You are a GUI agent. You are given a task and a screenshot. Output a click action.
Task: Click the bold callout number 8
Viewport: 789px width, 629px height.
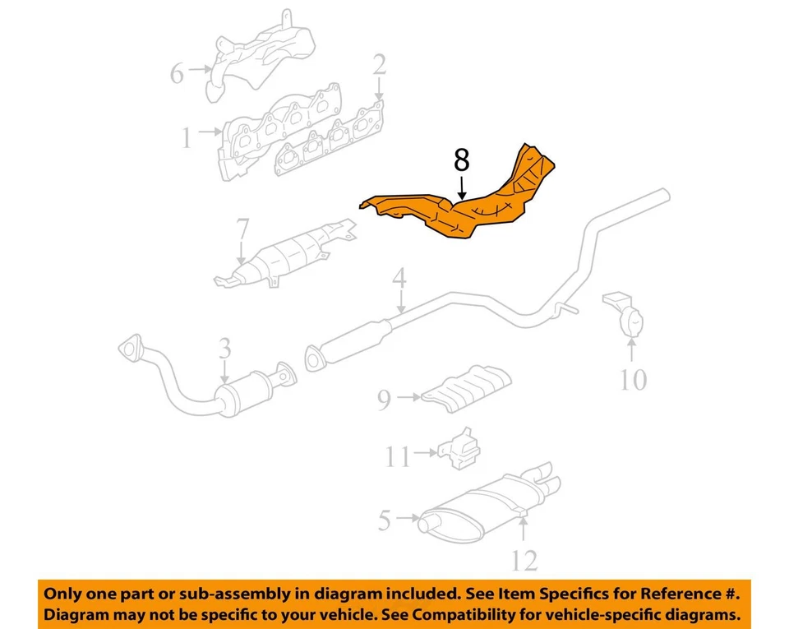[x=462, y=160]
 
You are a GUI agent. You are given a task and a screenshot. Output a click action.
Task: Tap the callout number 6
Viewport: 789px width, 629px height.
[x=177, y=73]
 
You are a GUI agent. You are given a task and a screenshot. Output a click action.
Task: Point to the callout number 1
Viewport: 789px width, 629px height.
[x=187, y=137]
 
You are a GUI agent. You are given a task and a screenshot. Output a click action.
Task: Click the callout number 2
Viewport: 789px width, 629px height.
[x=379, y=64]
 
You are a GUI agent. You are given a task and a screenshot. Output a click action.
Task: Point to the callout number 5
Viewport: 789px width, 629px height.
[x=385, y=520]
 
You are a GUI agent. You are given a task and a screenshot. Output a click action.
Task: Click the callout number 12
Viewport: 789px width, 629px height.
[x=524, y=561]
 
